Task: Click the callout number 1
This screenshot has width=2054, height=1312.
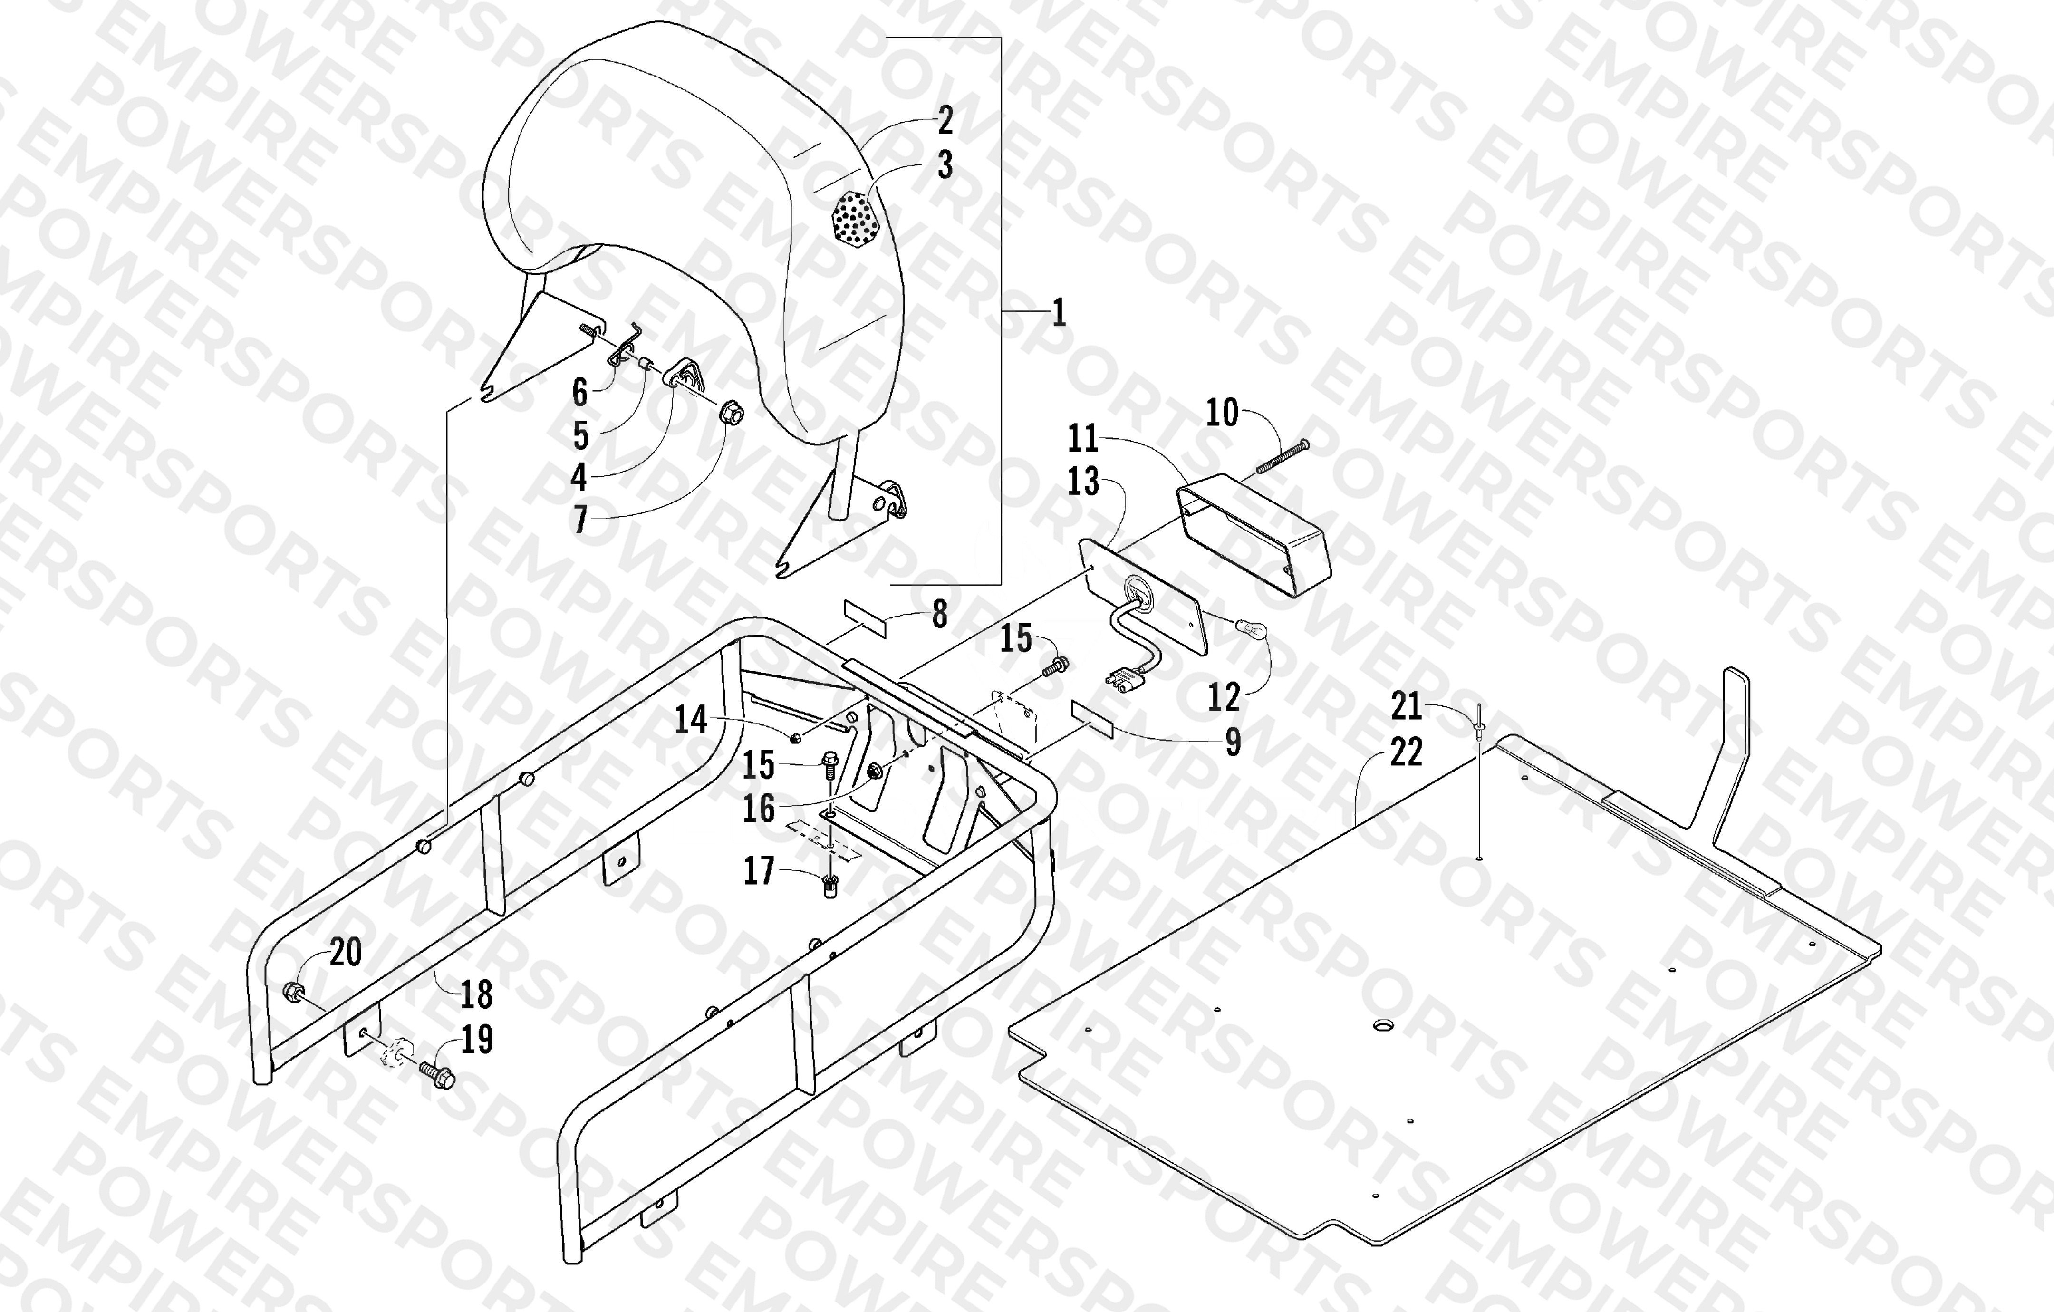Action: point(1059,313)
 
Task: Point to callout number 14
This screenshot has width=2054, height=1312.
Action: point(691,719)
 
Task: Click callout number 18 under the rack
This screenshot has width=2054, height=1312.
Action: point(476,994)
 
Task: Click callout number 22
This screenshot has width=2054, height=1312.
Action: point(1406,752)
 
